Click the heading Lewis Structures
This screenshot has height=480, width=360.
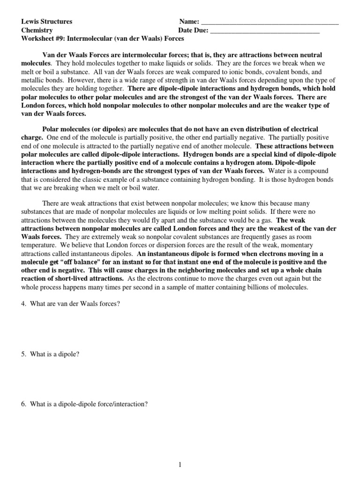click(47, 22)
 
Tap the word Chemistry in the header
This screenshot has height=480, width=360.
click(37, 30)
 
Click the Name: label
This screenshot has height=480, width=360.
click(189, 22)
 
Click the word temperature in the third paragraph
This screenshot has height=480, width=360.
click(41, 246)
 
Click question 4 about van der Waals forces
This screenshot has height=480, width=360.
click(71, 304)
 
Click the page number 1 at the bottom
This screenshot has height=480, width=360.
click(180, 465)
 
